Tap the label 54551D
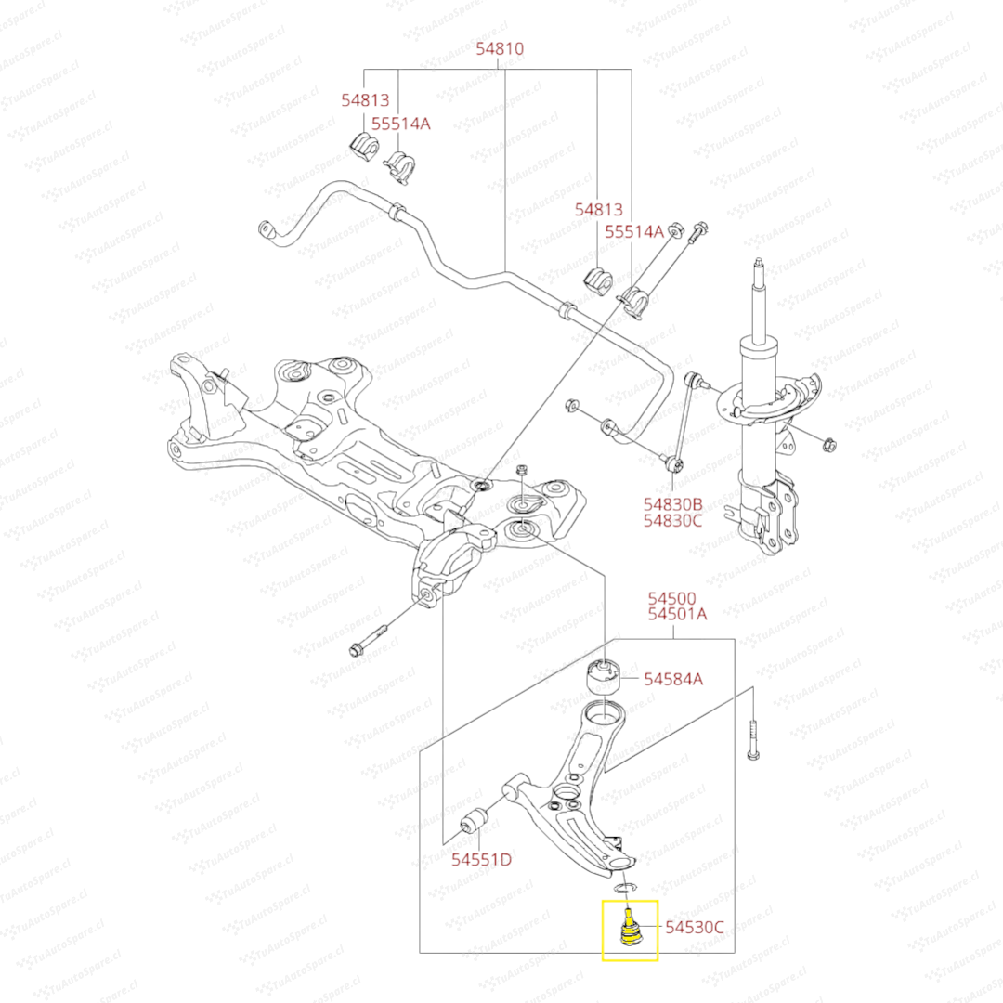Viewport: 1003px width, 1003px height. (481, 859)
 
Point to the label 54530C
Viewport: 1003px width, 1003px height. (694, 926)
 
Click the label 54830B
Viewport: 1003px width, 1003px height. (672, 503)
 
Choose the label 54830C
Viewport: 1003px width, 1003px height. (672, 521)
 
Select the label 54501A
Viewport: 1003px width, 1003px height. (677, 614)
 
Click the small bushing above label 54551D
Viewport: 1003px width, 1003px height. (475, 821)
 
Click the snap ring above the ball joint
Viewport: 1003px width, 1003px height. (626, 893)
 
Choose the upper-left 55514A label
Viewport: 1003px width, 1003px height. (401, 123)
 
